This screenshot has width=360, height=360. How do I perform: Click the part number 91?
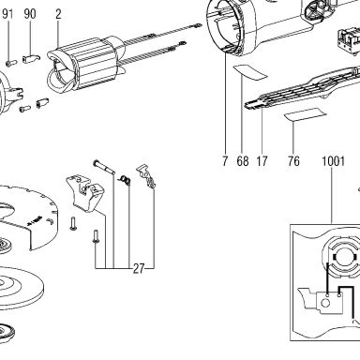click(x=8, y=14)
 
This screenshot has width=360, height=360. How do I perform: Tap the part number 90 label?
click(x=30, y=14)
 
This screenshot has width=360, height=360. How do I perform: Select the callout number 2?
click(x=58, y=14)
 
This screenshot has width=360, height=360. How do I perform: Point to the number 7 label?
click(x=225, y=161)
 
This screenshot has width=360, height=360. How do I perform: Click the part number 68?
click(x=243, y=161)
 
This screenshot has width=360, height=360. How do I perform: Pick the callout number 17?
click(x=262, y=161)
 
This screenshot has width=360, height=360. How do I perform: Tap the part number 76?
click(x=293, y=161)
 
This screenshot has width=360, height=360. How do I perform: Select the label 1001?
click(x=333, y=161)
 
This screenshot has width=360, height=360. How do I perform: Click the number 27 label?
click(x=139, y=268)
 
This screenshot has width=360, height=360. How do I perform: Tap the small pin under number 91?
click(x=11, y=63)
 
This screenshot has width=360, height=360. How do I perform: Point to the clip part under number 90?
click(x=31, y=58)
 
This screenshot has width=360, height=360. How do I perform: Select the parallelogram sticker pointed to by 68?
click(x=250, y=72)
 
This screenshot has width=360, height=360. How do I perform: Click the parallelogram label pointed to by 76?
click(x=305, y=114)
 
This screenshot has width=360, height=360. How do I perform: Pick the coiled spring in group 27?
click(x=125, y=180)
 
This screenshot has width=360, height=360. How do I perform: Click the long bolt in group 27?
click(x=104, y=167)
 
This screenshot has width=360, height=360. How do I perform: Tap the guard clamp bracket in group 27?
click(x=85, y=194)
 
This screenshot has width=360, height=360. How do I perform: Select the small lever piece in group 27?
click(x=146, y=176)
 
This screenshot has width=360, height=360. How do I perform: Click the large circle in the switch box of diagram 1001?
click(x=325, y=302)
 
